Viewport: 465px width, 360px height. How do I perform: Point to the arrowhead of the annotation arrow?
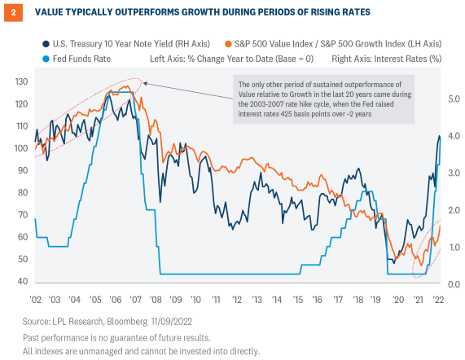click(x=143, y=81)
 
